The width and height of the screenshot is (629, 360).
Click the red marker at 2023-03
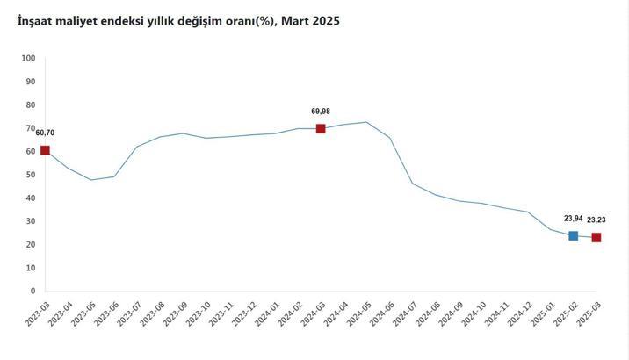pos(45,150)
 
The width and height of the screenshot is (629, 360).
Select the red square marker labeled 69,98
pos(321,128)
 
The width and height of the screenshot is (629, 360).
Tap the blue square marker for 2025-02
pos(574,235)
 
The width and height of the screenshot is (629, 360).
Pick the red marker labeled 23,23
pos(596,237)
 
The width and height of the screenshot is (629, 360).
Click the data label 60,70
pos(45,133)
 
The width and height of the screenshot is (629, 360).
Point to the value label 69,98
pos(322,112)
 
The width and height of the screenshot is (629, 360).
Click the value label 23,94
pos(574,219)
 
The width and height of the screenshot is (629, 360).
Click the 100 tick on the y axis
pos(28,58)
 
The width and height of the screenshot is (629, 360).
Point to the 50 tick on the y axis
pos(30,175)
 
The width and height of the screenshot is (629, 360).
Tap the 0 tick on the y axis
pos(33,291)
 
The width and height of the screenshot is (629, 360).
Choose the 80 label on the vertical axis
pos(30,104)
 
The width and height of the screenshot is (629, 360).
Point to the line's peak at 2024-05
pos(366,122)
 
